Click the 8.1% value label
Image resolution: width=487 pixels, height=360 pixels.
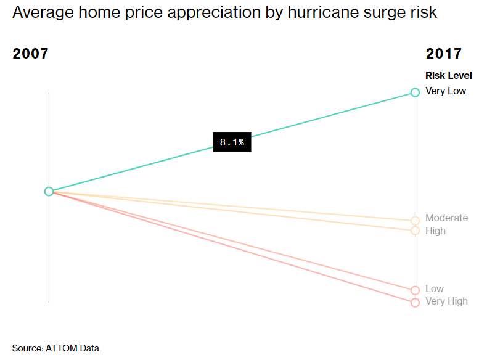pos(232,142)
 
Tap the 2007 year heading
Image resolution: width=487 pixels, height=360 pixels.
pos(30,54)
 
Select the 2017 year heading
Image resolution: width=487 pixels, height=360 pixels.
pos(444,54)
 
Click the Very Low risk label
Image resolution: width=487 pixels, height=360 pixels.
pos(446,91)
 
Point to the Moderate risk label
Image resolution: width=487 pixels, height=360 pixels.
pos(446,218)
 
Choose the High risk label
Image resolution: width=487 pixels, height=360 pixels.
pos(435,231)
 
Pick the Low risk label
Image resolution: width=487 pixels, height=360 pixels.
pos(434,289)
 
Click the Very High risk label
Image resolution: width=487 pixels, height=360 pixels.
pos(446,301)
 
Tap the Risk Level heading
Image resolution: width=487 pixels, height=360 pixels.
pos(449,76)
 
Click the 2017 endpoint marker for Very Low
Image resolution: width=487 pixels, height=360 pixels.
pos(415,93)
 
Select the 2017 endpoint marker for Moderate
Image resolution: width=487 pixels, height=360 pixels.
pos(415,221)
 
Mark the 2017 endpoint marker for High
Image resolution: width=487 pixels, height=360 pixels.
pos(415,231)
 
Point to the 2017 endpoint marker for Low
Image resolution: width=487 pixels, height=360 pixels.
pos(415,290)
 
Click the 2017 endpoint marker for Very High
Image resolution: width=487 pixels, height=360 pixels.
pos(415,302)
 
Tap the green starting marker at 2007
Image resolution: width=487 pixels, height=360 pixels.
pos(49,191)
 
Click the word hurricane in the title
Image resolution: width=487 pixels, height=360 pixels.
pos(324,13)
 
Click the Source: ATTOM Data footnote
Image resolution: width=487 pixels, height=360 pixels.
pos(55,348)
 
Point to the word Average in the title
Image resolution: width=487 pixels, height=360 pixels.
pos(40,13)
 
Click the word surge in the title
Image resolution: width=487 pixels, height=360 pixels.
pos(387,13)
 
